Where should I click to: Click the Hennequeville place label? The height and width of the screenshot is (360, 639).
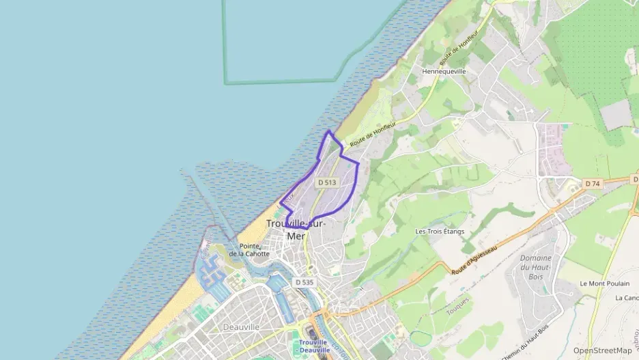(444, 71)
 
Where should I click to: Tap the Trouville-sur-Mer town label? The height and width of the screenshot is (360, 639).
(296, 230)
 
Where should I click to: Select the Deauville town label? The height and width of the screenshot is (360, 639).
(241, 327)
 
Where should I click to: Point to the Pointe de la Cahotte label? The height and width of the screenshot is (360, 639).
(249, 250)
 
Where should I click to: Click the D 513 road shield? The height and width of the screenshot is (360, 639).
(327, 182)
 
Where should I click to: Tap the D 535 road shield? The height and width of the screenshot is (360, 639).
(304, 282)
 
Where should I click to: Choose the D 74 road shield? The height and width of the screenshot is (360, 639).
(592, 184)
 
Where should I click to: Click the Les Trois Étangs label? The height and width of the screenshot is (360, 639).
(440, 232)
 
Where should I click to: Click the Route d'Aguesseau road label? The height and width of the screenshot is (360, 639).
(473, 260)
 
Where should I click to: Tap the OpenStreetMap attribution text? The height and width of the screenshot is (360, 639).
(602, 350)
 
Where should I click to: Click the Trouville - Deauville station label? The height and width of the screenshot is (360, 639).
(313, 346)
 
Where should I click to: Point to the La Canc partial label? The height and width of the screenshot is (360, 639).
(626, 298)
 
